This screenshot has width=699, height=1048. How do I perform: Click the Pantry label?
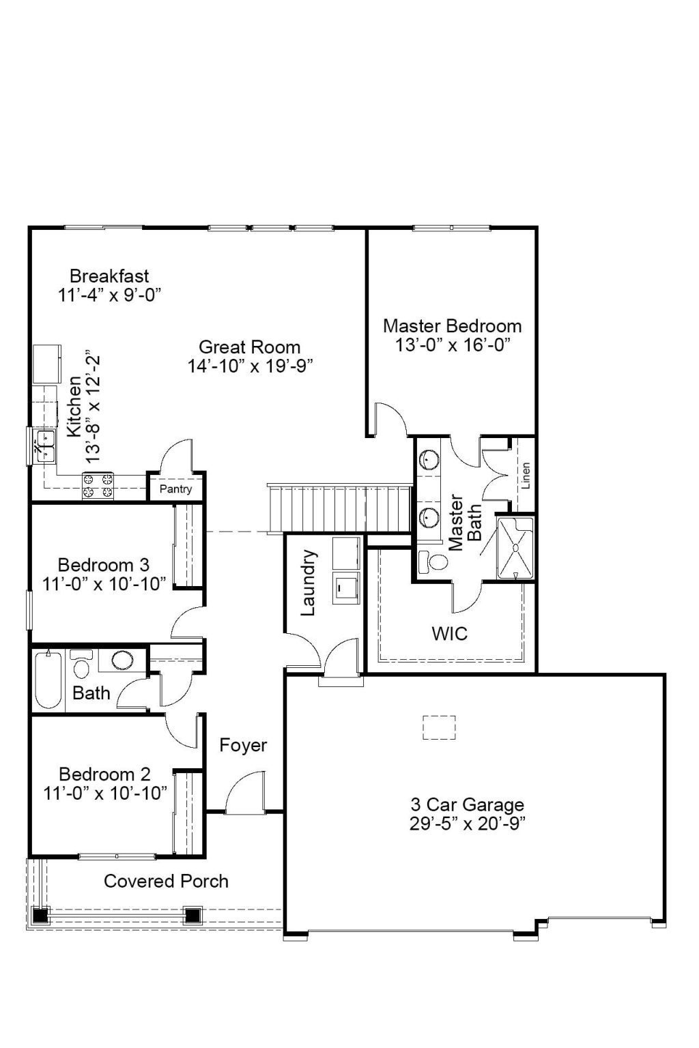pos(175,489)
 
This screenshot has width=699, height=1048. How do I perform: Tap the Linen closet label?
pos(526,476)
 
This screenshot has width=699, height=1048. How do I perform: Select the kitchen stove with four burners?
pos(98,485)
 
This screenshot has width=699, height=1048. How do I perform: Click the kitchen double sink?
pos(46,445)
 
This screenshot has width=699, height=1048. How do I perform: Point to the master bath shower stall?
pos(515,548)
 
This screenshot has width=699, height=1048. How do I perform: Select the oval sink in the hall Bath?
pos(122,660)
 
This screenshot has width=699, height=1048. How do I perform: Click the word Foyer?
pos(243,745)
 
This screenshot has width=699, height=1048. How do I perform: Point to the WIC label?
pos(449,634)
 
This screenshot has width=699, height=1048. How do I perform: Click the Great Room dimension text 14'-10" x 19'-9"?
pos(250,366)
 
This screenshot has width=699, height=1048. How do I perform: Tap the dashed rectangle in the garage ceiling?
pos(439,727)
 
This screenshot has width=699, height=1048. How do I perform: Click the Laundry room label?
pos(308,583)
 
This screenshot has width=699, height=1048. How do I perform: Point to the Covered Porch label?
pos(166,881)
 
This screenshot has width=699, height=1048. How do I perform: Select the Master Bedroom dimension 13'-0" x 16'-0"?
pos(453,345)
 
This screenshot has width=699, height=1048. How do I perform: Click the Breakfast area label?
pos(109,276)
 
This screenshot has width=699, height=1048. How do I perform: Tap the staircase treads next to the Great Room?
pos(339,508)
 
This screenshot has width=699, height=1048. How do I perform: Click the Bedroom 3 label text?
pos(104,565)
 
